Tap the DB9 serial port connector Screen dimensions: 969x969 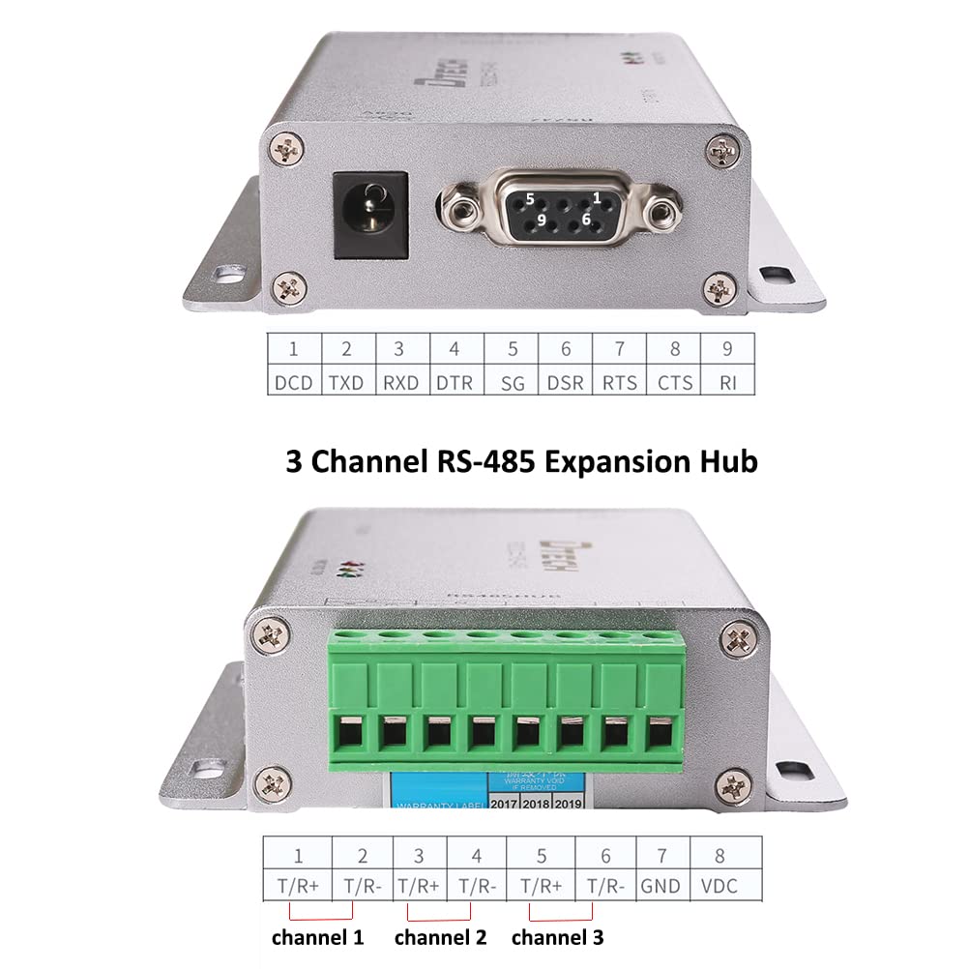[x=557, y=208]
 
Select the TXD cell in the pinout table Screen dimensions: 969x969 [x=346, y=382]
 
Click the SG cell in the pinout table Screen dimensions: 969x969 [x=513, y=382]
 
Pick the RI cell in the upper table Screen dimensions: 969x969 [x=728, y=382]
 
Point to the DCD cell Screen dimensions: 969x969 [x=293, y=382]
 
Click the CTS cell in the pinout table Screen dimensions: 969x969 [x=674, y=382]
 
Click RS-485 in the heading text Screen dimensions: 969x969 [x=479, y=461]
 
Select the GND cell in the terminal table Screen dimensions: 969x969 [x=661, y=885]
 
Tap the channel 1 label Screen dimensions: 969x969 [x=317, y=937]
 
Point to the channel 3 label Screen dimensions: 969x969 [x=557, y=937]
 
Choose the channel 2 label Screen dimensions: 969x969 [x=440, y=937]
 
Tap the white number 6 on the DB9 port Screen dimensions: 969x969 [x=585, y=220]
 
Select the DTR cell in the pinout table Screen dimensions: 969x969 [x=455, y=382]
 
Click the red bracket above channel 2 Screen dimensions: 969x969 [x=439, y=915]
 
